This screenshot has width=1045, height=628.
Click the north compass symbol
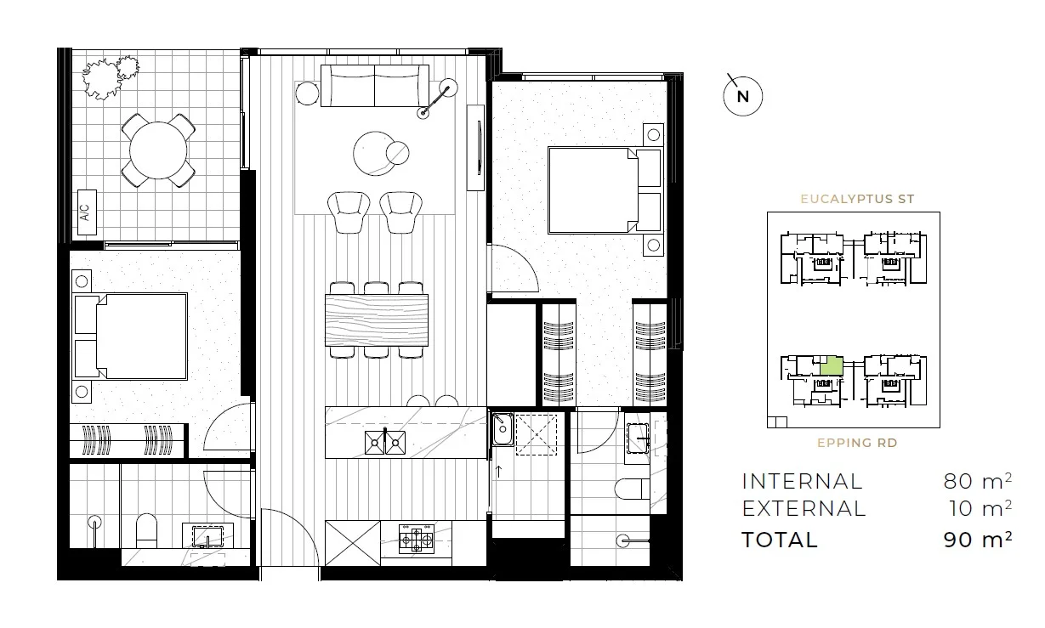pyautogui.click(x=742, y=96)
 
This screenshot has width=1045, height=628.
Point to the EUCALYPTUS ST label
pyautogui.click(x=857, y=199)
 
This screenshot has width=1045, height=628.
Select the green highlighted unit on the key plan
pyautogui.click(x=831, y=367)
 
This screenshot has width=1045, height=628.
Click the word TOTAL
pyautogui.click(x=780, y=540)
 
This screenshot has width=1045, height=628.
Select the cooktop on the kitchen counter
pyautogui.click(x=417, y=538)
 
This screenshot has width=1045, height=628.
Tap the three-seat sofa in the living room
pyautogui.click(x=374, y=86)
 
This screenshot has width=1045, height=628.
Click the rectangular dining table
pyautogui.click(x=377, y=319)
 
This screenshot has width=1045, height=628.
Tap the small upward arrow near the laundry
pyautogui.click(x=499, y=468)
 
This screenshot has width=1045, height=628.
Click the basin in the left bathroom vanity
pyautogui.click(x=207, y=537)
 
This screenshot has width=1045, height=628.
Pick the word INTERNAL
pyautogui.click(x=802, y=481)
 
